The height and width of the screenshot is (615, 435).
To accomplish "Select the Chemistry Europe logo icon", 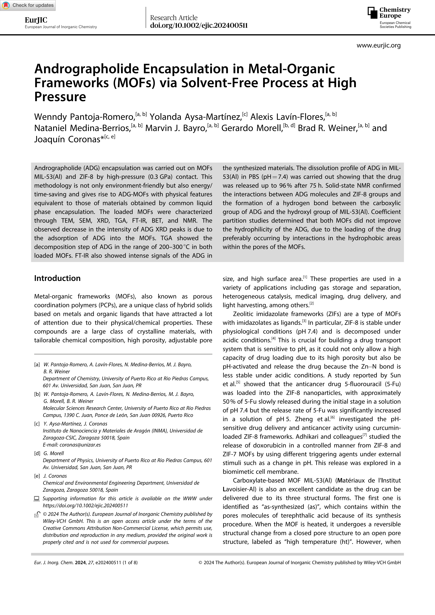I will point(372,13).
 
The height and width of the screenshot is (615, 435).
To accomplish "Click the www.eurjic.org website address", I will point(379,46).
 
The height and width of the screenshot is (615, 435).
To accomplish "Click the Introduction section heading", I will point(57,278).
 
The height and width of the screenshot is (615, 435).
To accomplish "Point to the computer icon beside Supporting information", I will point(37,499).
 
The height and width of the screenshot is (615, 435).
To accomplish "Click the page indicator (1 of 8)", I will point(130,563).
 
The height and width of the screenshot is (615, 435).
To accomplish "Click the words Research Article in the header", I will point(174,18).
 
